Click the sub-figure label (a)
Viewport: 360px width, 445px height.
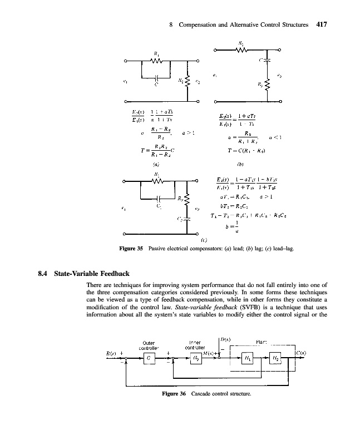coord(156,164)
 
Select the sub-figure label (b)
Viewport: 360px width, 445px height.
coord(240,164)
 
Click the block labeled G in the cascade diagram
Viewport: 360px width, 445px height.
coord(149,359)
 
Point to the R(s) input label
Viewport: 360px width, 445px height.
coord(114,353)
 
